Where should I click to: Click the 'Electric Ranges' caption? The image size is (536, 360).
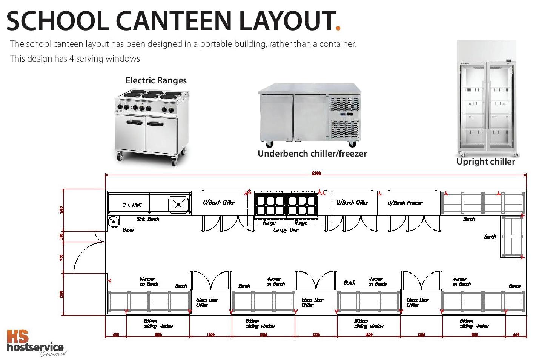tap(156, 80)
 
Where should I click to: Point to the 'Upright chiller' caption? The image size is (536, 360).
tap(485, 162)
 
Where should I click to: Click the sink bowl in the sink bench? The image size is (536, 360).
tap(178, 204)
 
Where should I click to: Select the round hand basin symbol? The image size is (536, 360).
tap(113, 222)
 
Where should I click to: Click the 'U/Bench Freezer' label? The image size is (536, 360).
tap(405, 203)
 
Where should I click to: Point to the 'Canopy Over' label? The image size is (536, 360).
tap(286, 229)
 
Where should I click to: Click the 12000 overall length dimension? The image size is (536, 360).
tap(316, 173)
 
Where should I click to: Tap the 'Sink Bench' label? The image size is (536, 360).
tap(148, 219)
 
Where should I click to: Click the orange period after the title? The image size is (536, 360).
tap(338, 28)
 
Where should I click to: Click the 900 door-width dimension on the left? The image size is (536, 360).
tap(62, 257)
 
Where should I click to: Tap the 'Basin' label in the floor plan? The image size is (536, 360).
tap(128, 229)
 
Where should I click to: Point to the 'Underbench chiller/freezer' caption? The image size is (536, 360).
tap(312, 154)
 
